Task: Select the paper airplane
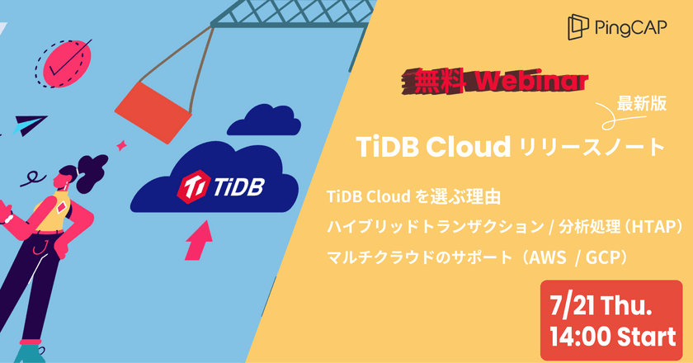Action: tap(28, 125)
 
